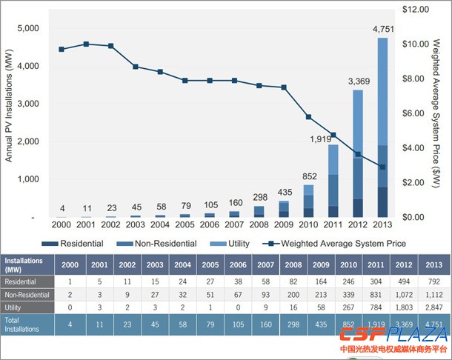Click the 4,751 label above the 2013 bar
[382, 29]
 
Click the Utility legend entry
[232, 243]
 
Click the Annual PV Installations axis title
[10, 111]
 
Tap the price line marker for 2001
[86, 44]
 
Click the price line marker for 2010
[308, 117]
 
